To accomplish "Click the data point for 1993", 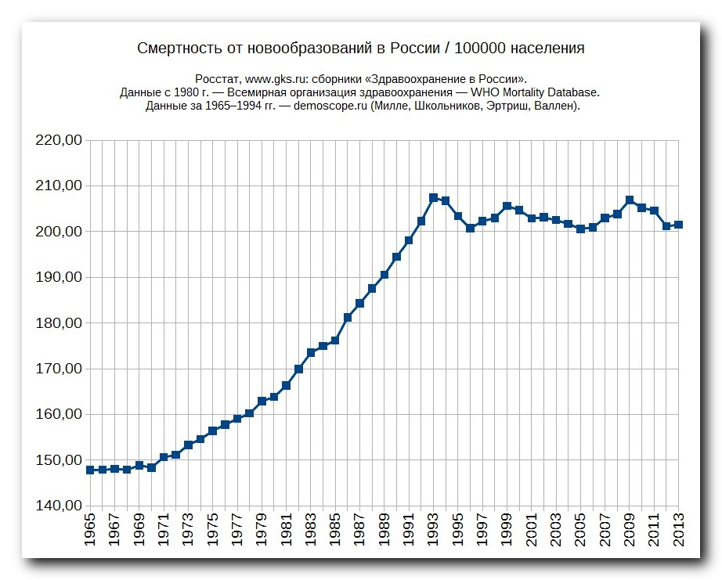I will coord(433,197).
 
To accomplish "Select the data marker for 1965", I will coord(90,470).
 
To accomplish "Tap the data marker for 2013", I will coord(678,225).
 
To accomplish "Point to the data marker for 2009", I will coord(630,200).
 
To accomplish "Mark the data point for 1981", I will coord(287,385).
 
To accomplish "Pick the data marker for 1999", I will coord(507,206).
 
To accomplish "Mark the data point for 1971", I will coord(164,457).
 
